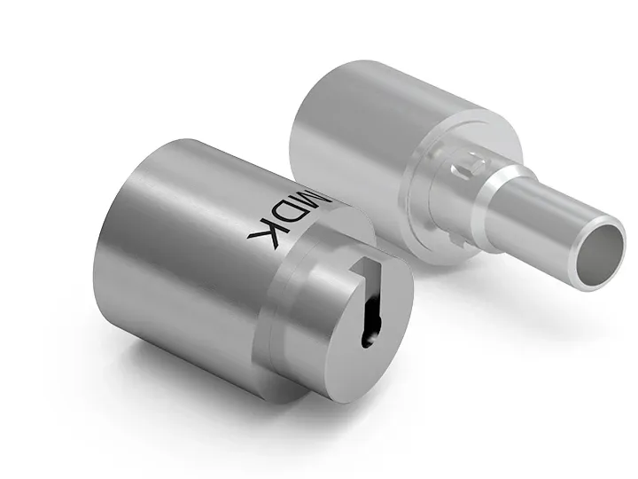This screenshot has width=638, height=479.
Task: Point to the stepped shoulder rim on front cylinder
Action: [x=275, y=319]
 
